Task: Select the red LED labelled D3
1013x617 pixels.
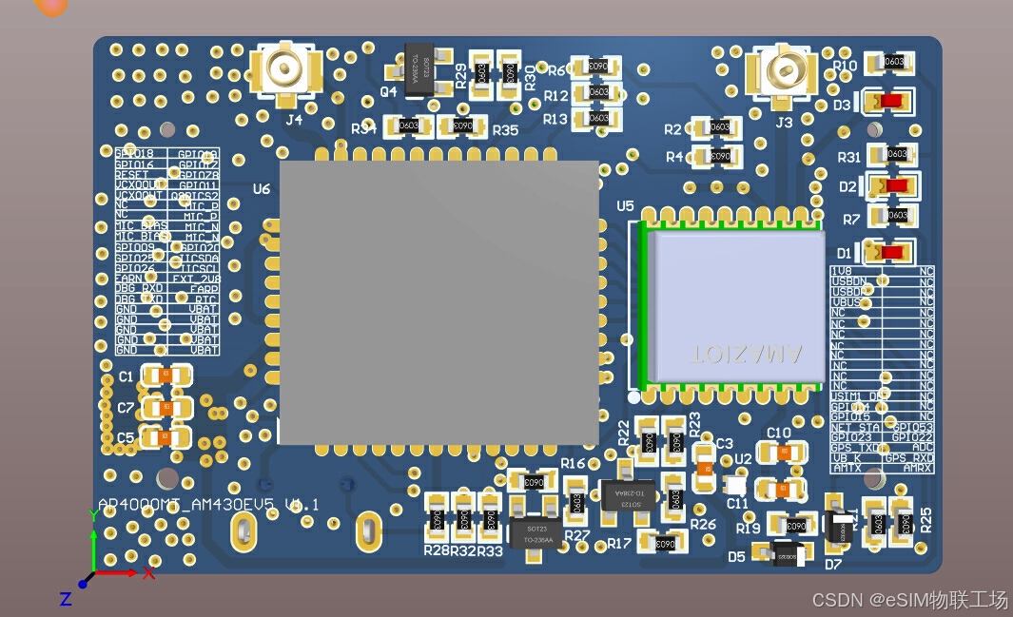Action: coord(889,101)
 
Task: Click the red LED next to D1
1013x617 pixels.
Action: coord(891,253)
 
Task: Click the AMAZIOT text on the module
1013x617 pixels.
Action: coord(746,354)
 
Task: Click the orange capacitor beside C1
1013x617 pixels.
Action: coord(166,376)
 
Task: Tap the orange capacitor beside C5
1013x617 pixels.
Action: coord(166,438)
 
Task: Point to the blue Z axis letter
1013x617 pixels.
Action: coord(66,599)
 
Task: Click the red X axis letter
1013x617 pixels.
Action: coord(149,573)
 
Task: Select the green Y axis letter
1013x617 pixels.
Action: coord(93,514)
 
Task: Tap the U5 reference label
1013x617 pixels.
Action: coord(625,205)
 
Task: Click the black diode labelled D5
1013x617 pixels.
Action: coord(787,554)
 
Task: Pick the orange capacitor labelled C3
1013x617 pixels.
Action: coord(704,467)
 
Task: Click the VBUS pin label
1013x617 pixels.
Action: coord(846,302)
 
